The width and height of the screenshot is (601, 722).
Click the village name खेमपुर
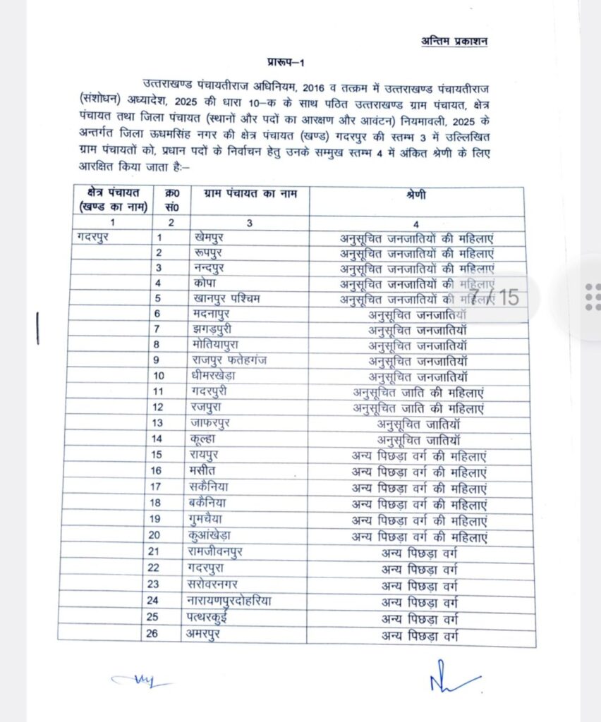210,237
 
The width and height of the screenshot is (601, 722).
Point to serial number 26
160,634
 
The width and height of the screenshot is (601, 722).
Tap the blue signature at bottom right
452,679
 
